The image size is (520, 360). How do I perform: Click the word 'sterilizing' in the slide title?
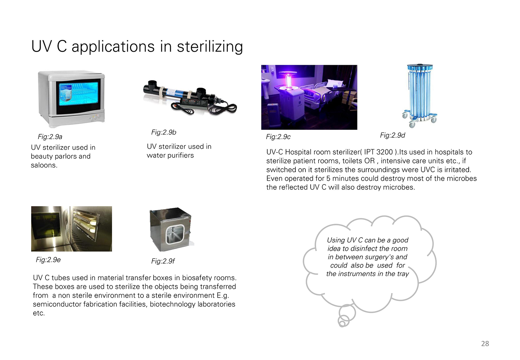point(210,46)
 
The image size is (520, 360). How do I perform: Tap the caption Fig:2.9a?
point(50,137)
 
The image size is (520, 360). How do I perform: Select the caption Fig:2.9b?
point(164,132)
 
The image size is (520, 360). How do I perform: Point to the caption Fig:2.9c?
point(278,137)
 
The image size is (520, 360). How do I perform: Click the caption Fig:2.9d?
point(392,135)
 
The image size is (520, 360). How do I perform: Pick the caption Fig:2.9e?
point(48,260)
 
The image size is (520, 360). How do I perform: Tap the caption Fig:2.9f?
point(163,261)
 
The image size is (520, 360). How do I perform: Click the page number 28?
point(485,343)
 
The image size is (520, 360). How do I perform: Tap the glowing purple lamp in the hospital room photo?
point(288,81)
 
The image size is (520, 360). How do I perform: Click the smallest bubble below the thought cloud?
point(342,324)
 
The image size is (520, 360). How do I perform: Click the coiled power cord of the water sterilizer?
point(223,109)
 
